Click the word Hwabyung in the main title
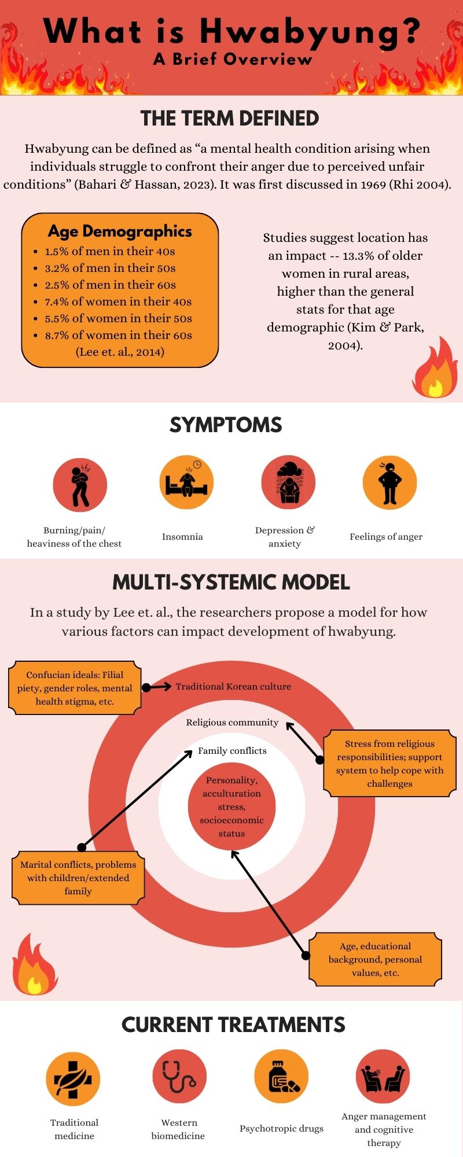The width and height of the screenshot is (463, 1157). pos(310,32)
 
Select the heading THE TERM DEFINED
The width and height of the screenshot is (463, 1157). pos(230,119)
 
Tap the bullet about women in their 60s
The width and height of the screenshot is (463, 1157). pos(118,335)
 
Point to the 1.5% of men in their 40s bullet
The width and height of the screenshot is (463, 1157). pos(109,251)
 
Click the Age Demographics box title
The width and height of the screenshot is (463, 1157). pos(120,231)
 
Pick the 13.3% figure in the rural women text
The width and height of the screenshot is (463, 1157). pos(361,256)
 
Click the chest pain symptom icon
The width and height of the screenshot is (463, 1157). pos(80,484)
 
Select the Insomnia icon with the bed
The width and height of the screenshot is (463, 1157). pos(186,482)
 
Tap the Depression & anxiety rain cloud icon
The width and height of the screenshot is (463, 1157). pos(288,482)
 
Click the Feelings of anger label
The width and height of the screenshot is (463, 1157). pos(386,537)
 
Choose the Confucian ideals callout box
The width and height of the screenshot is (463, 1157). pos(75,688)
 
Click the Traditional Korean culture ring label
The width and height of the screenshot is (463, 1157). pos(233,687)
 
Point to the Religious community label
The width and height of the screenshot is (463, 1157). pos(232,723)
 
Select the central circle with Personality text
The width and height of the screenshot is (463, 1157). pos(231,806)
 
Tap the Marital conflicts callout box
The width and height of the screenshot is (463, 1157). pos(78,878)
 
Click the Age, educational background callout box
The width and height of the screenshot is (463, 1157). pos(375,959)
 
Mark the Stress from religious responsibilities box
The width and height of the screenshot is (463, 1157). pos(389,764)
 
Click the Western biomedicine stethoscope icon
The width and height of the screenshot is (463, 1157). pos(179,1077)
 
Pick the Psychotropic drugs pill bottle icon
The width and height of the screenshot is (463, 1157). pos(281,1077)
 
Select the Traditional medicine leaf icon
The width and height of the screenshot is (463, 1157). pos(73,1079)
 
